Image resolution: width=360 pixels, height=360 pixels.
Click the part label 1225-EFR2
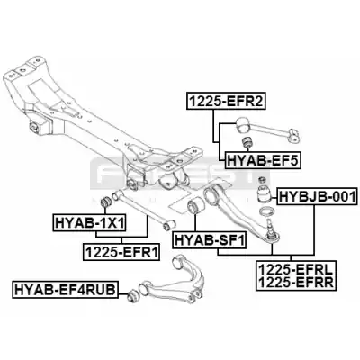226,101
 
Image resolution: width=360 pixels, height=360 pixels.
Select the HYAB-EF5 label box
263,160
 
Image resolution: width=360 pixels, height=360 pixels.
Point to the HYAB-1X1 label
89,222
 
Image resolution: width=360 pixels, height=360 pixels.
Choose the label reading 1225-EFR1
121,251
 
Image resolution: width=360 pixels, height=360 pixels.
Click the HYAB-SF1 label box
209,240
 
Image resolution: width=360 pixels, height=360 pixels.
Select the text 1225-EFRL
296,269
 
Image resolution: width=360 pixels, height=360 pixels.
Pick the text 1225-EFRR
296,282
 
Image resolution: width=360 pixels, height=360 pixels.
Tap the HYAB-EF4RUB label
65,290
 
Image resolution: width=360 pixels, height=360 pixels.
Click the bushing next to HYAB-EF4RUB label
132,295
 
